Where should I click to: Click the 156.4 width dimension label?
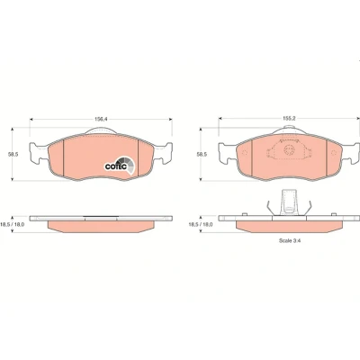coord(101,119)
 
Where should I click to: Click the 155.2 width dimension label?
coord(290,119)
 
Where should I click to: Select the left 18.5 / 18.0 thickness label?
coord(13,224)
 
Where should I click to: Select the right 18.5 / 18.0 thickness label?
coord(201,224)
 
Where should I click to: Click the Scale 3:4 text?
coord(290,240)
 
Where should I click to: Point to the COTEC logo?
coord(120,166)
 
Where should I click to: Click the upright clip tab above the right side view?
coord(290,202)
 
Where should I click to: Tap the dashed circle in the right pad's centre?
coord(290,149)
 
